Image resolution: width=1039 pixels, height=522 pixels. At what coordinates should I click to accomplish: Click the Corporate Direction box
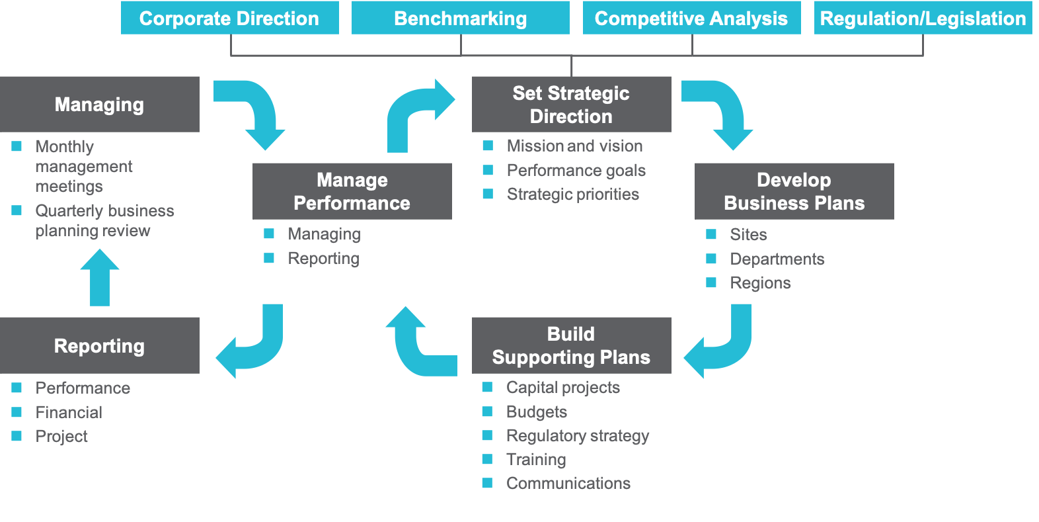[x=229, y=18]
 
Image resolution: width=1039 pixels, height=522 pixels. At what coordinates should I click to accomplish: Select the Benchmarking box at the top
[x=460, y=18]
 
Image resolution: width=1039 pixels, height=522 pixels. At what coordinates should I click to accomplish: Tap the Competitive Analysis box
[x=691, y=18]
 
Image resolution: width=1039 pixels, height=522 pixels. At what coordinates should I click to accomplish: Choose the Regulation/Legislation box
[x=923, y=18]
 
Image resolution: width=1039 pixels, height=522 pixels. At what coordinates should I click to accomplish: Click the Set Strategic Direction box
[x=571, y=105]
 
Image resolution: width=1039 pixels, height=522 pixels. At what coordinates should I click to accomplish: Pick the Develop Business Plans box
[x=794, y=191]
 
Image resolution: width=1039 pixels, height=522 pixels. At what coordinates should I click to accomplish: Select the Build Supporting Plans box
[x=571, y=345]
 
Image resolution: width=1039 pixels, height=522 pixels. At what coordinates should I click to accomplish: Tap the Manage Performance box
[x=352, y=191]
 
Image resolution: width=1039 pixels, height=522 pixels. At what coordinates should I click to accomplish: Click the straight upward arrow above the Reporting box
[x=100, y=278]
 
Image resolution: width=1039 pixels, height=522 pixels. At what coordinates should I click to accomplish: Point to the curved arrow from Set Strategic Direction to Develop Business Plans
[x=724, y=109]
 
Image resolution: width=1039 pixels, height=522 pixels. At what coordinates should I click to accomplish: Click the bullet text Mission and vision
[x=574, y=146]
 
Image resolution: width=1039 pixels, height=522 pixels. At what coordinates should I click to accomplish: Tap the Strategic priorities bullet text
[x=572, y=194]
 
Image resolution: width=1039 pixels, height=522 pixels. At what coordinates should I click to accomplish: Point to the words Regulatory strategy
[x=577, y=435]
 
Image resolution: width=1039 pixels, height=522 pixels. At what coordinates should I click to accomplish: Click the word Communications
[x=568, y=483]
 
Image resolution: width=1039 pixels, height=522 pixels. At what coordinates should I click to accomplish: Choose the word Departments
[x=777, y=259]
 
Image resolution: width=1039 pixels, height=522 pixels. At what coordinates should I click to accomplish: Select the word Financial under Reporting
[x=69, y=412]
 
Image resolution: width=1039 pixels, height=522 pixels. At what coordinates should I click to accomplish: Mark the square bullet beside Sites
[x=711, y=234]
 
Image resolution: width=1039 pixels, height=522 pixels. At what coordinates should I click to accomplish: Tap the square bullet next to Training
[x=487, y=459]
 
